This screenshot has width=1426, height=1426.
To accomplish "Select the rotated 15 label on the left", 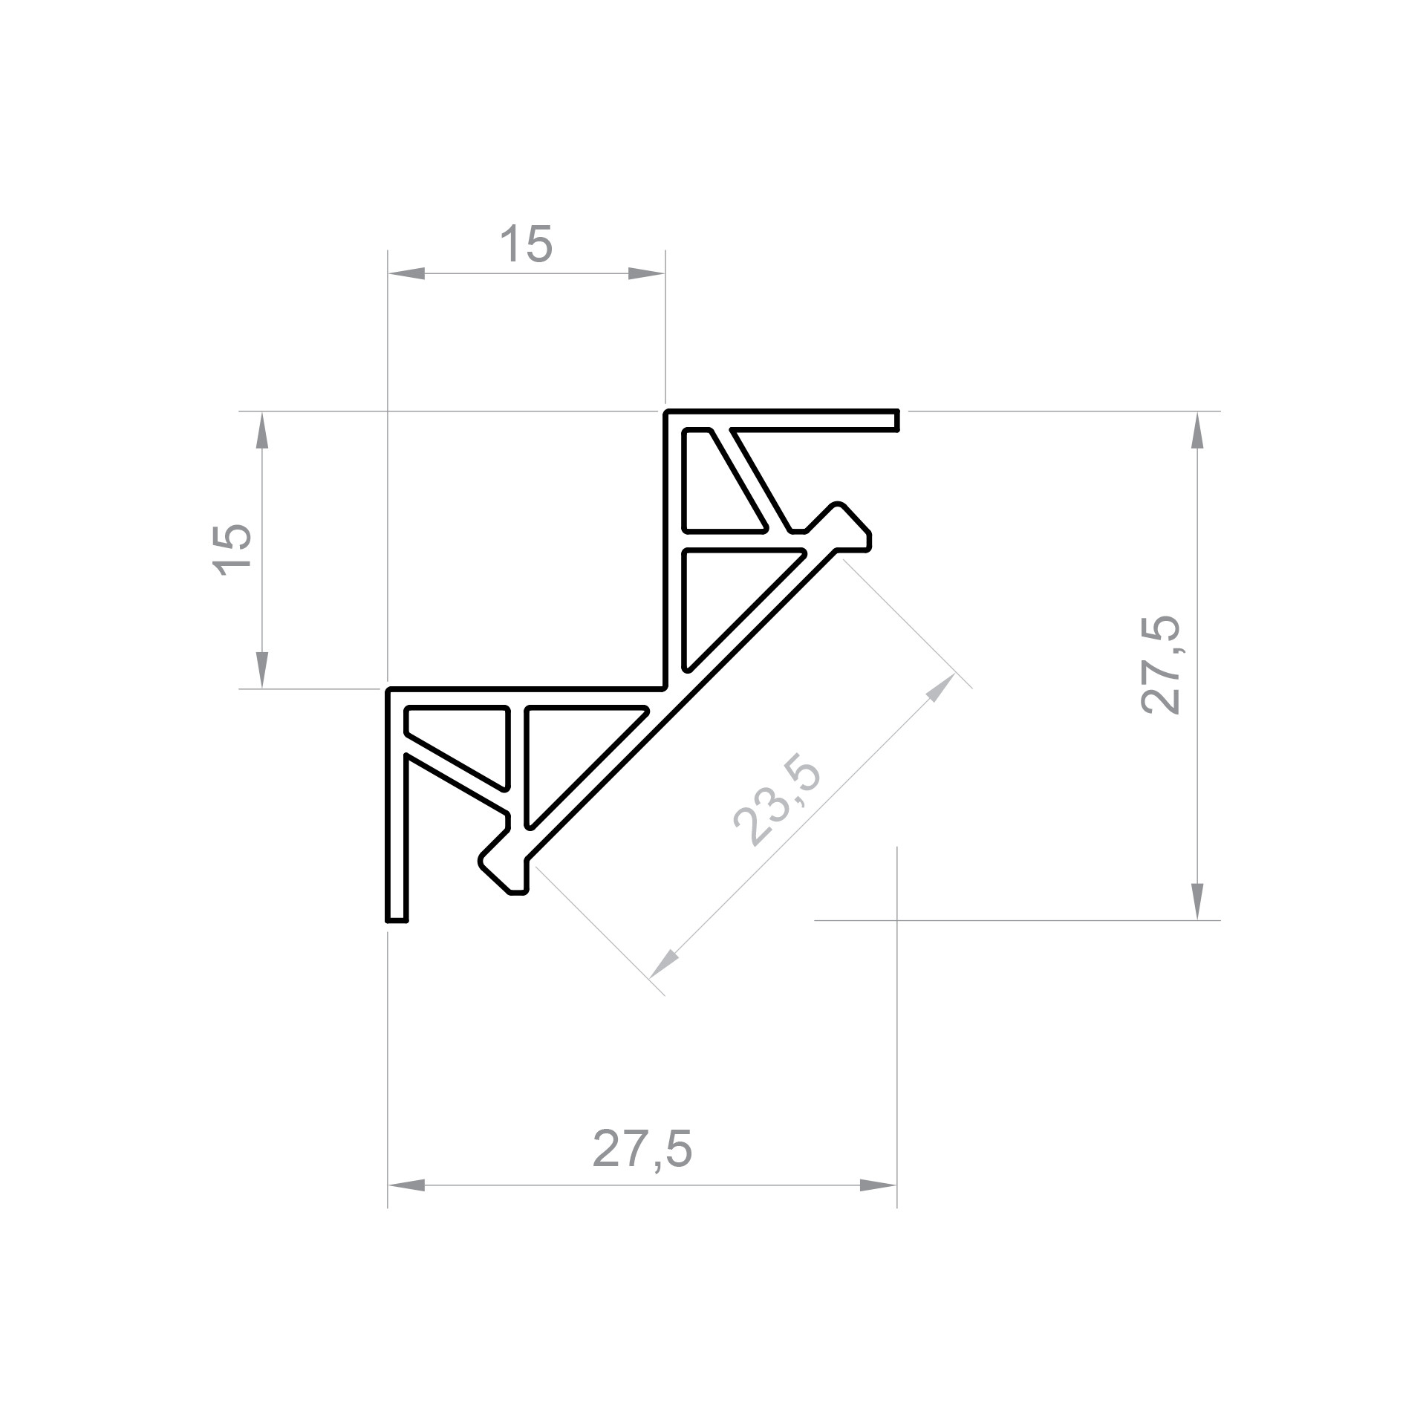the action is tap(232, 550).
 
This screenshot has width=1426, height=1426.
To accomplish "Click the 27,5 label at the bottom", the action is tap(642, 1150).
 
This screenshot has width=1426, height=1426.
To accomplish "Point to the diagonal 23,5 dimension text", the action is tap(777, 803).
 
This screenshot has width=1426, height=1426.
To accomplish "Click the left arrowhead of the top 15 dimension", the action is tap(406, 273).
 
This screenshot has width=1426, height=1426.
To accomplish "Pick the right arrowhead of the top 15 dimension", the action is tap(646, 273).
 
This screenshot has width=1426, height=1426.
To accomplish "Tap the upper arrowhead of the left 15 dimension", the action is tap(261, 430).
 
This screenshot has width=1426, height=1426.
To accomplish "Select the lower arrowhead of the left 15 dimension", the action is tap(261, 670).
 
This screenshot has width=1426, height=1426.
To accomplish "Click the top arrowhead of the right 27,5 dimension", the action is tap(1197, 430).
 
